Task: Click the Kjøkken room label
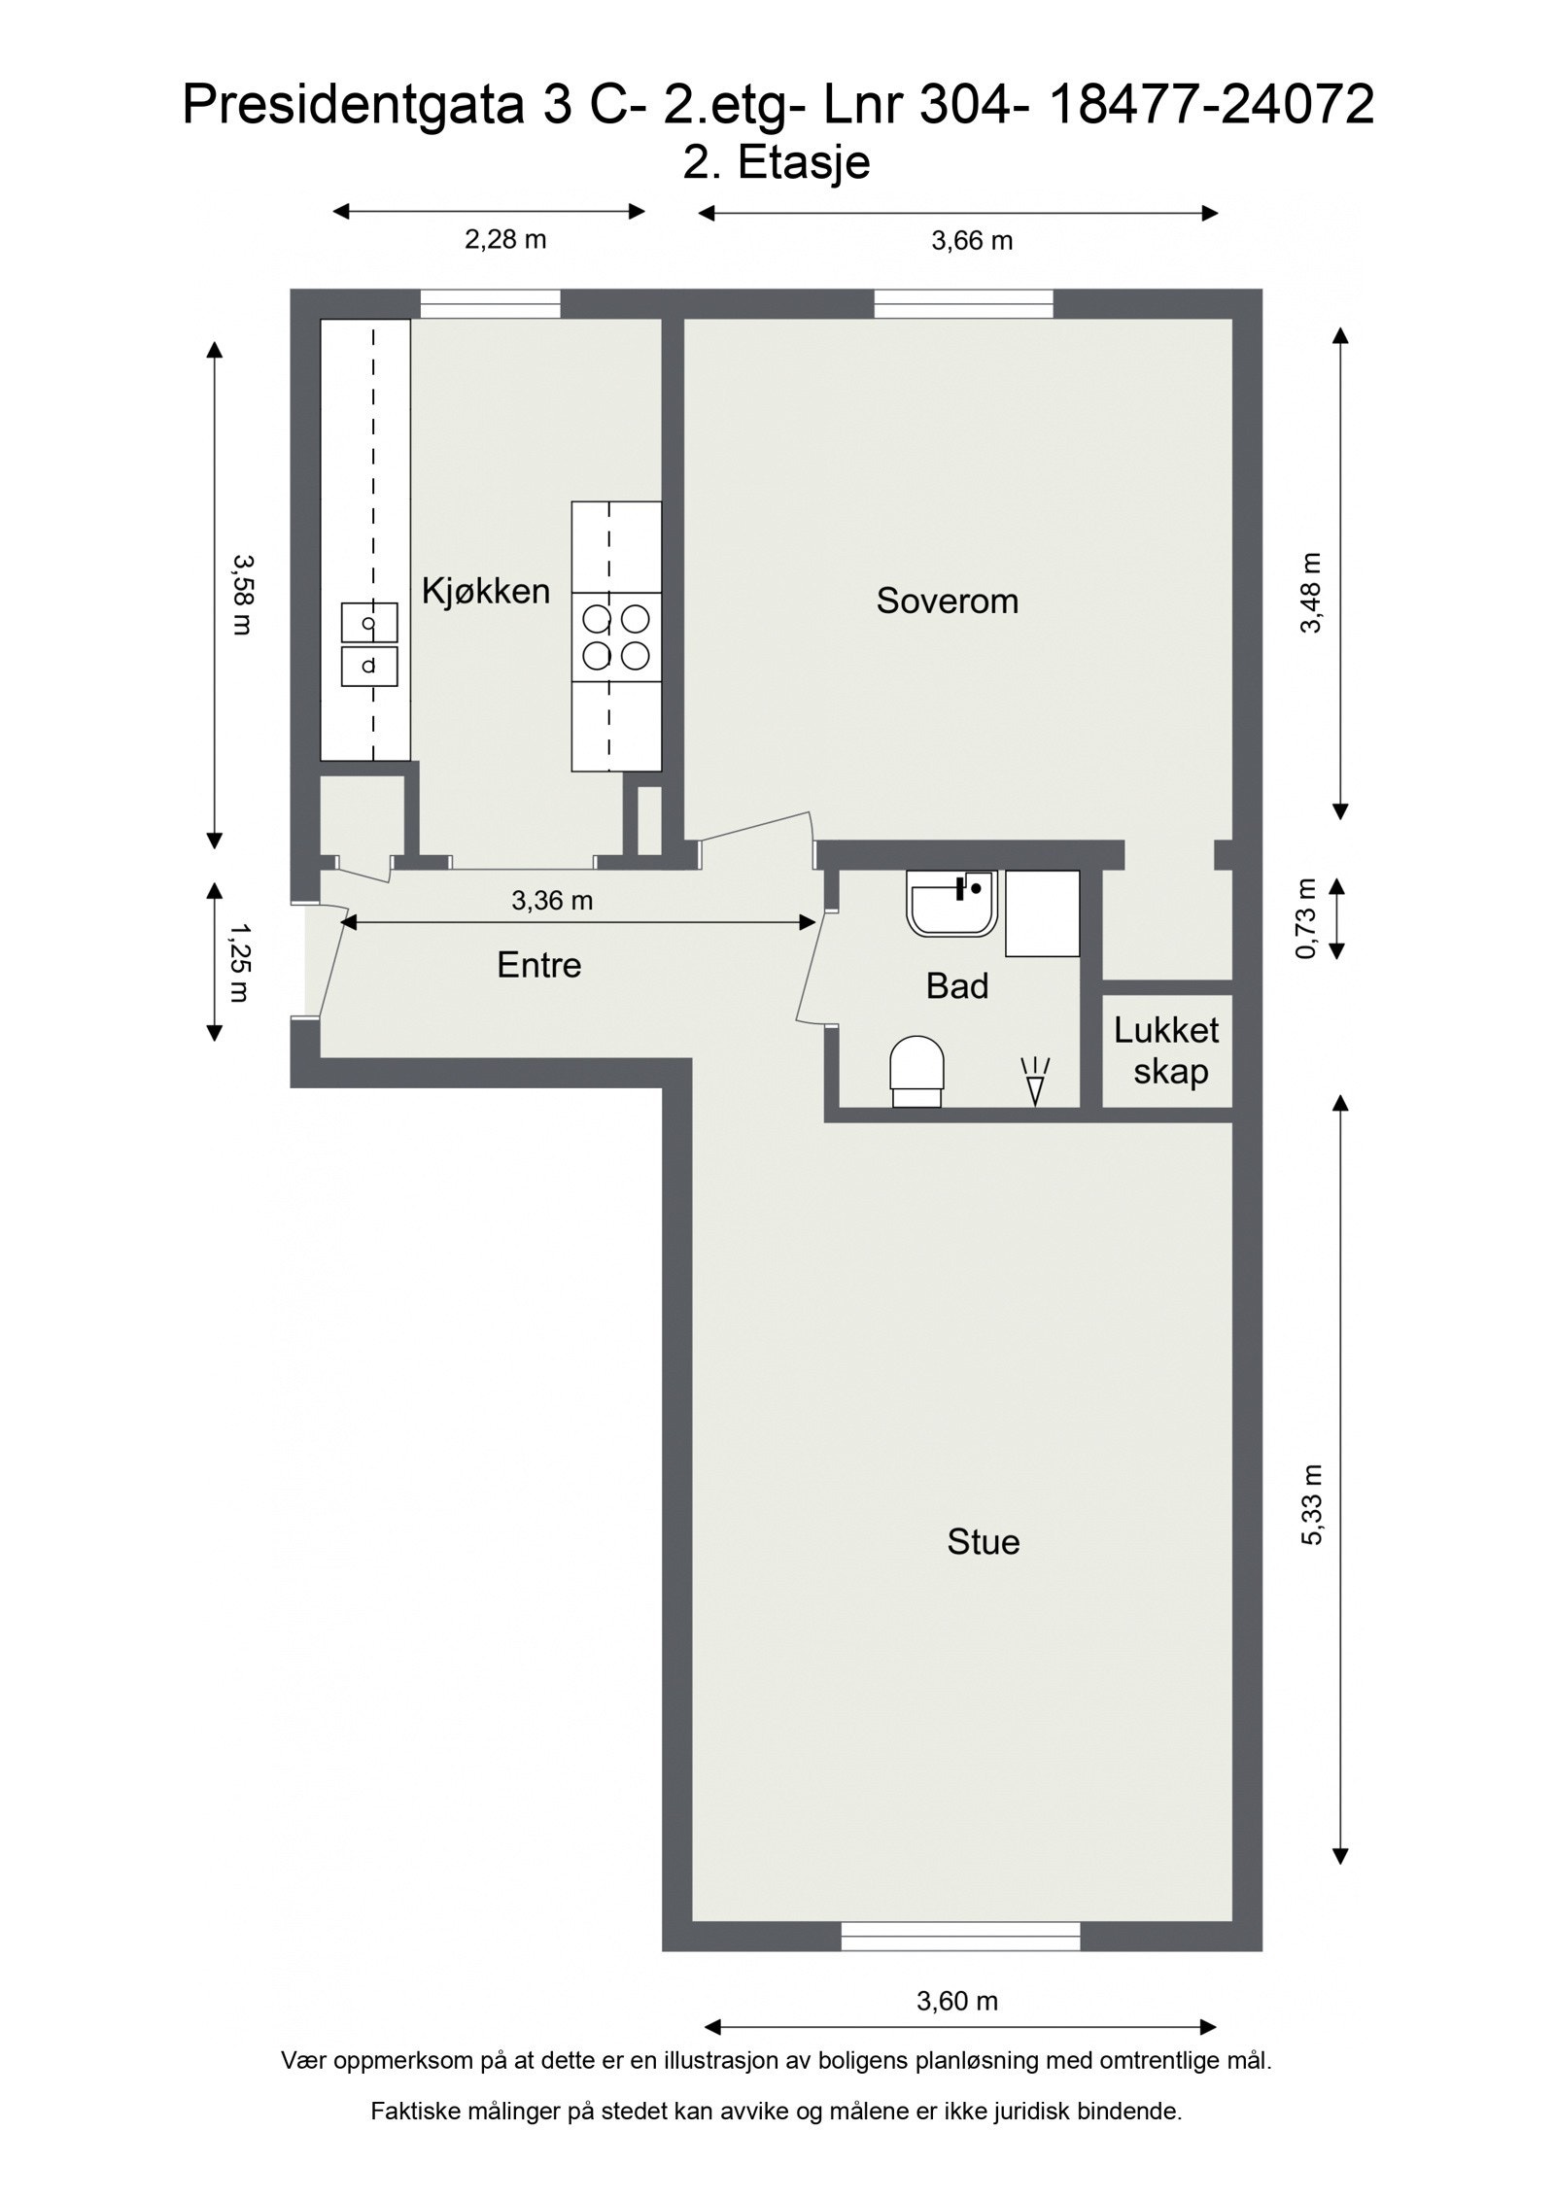tap(485, 591)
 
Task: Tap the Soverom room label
tap(948, 601)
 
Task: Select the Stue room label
tap(984, 1542)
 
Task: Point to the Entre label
tap(538, 965)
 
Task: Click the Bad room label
tap(957, 986)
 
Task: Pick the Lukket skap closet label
tap(1167, 1050)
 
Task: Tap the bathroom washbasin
tap(951, 903)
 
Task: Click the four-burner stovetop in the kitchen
tap(616, 637)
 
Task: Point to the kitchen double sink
tap(369, 644)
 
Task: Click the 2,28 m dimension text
tap(505, 239)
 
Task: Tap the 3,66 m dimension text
tap(972, 241)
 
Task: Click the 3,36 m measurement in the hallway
tap(552, 901)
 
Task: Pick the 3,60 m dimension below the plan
tap(957, 2001)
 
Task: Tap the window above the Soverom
tap(964, 304)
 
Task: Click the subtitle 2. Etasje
tap(777, 161)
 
